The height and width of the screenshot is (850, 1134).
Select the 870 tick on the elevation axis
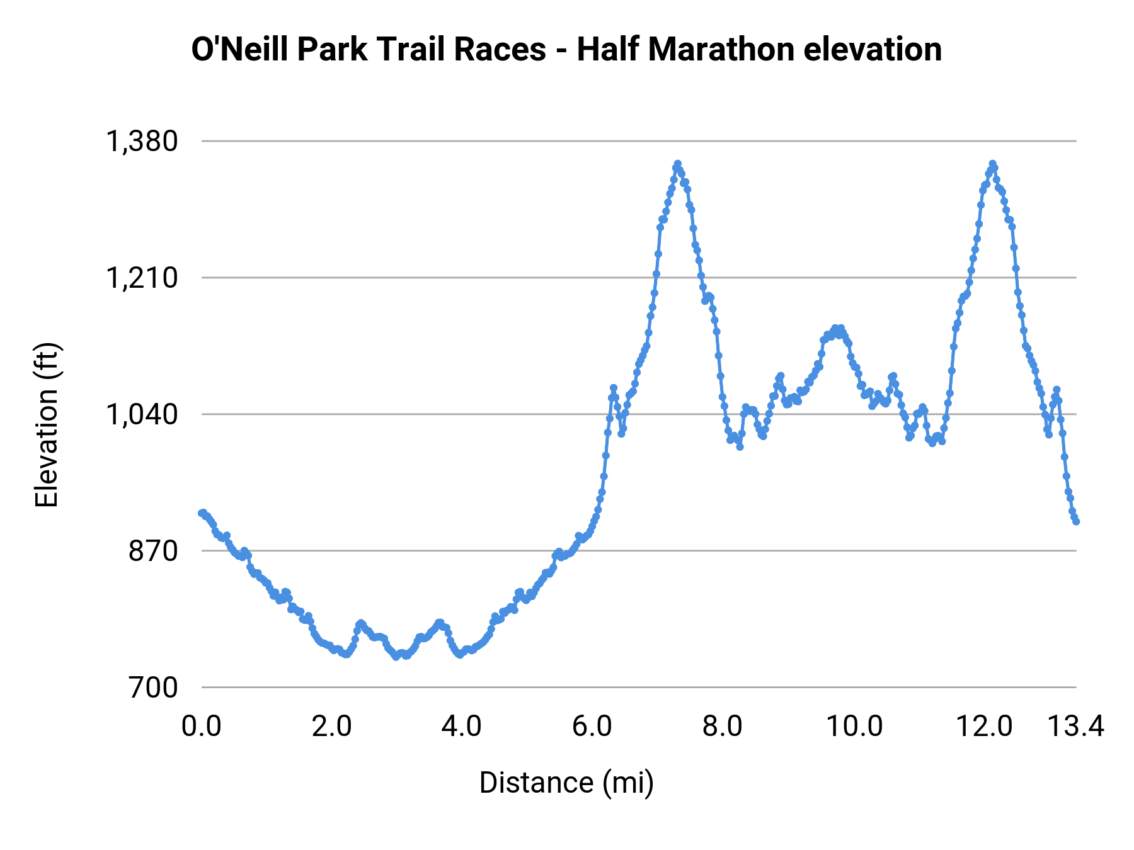(154, 551)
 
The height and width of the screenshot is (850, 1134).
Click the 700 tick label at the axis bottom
(154, 688)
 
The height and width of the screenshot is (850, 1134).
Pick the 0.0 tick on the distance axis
(202, 727)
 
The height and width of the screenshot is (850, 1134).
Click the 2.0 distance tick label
(331, 727)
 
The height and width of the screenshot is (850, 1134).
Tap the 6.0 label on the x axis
(592, 727)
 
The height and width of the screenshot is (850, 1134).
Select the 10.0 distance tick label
(854, 727)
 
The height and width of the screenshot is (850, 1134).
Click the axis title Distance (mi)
(566, 783)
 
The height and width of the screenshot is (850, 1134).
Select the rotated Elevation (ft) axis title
(47, 425)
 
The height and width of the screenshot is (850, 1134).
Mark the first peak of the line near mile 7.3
(677, 164)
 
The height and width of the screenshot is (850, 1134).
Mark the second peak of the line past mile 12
(993, 164)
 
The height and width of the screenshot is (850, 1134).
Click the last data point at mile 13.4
(1076, 521)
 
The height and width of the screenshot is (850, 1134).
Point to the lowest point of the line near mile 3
(396, 657)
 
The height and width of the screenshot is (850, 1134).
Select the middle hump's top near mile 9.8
(836, 328)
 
